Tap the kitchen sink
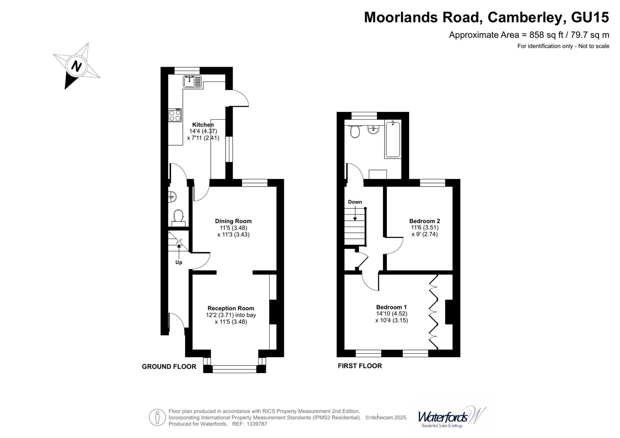(x=192, y=82)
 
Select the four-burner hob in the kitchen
(x=175, y=115)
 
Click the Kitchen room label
(x=203, y=125)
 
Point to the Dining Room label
(x=233, y=221)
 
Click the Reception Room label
(x=231, y=308)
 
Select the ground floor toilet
(x=178, y=217)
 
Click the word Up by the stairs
(x=179, y=262)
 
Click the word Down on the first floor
(x=355, y=202)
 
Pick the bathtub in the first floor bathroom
(x=393, y=139)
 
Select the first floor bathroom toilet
(x=355, y=131)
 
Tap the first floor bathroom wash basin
(x=373, y=129)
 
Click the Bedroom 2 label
(x=424, y=221)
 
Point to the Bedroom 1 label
(x=391, y=307)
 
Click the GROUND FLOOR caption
(x=169, y=367)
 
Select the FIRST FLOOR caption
(x=360, y=366)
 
